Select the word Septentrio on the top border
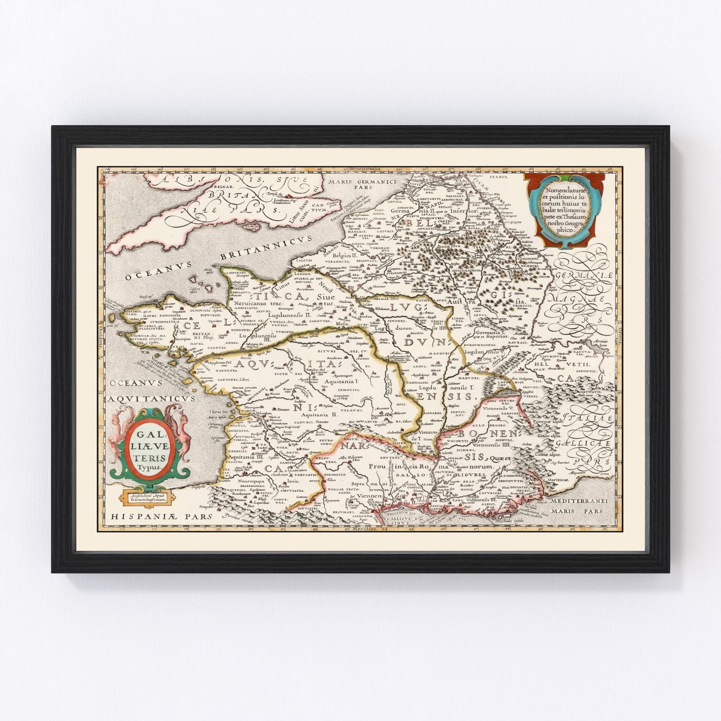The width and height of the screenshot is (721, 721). [x=361, y=170]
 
